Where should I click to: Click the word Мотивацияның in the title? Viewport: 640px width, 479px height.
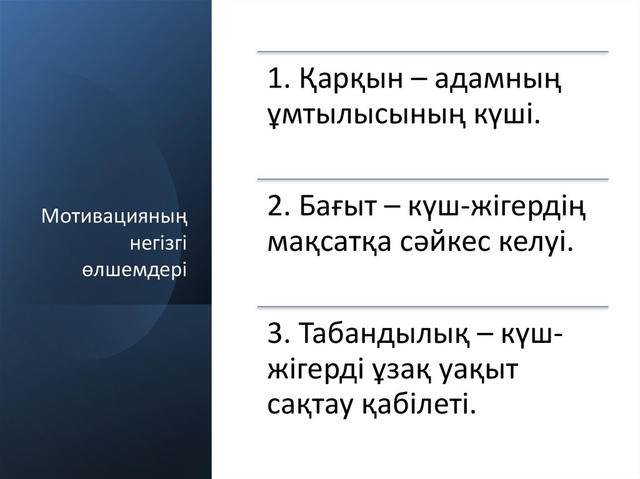pyautogui.click(x=114, y=217)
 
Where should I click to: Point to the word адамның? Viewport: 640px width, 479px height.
pyautogui.click(x=497, y=82)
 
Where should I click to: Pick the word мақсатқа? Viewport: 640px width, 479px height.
pyautogui.click(x=329, y=241)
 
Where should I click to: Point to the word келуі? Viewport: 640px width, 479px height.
pyautogui.click(x=537, y=241)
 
